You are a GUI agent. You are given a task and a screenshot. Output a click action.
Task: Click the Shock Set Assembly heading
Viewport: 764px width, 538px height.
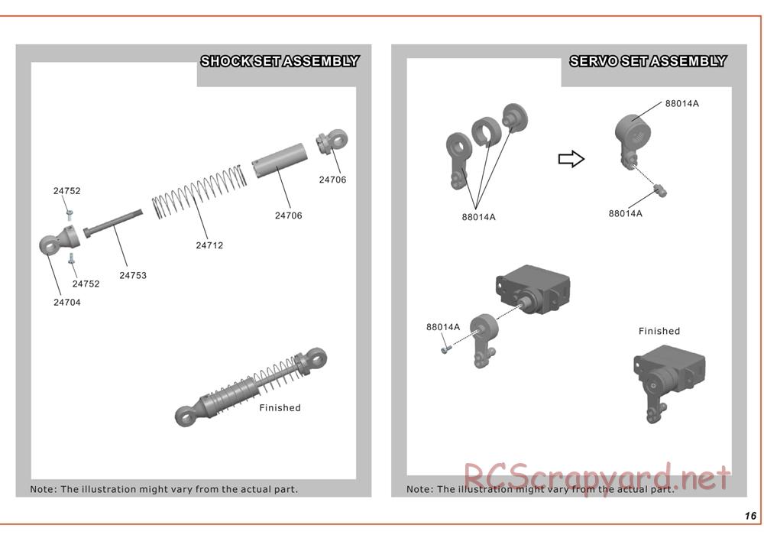tap(280, 61)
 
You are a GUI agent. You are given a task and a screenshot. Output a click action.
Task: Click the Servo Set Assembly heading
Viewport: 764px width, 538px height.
tap(648, 61)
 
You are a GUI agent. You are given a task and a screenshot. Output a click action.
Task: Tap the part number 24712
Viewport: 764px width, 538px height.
tap(209, 245)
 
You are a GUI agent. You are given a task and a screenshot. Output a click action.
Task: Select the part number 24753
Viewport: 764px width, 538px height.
tap(133, 275)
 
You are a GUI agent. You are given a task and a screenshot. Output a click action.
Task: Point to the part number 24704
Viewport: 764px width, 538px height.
tap(67, 302)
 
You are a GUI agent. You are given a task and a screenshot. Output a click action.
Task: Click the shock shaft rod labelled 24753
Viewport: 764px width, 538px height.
tap(113, 224)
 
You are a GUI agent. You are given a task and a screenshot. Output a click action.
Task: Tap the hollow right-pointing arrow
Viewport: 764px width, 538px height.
tap(571, 159)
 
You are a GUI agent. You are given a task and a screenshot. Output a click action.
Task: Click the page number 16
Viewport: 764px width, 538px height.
tap(750, 516)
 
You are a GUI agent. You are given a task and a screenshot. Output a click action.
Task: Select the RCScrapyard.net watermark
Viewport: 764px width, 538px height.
tap(597, 478)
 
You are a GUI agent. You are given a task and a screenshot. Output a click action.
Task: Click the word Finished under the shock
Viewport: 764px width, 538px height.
tap(280, 408)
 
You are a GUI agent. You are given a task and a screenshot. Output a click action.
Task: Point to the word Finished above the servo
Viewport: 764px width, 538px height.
tap(659, 331)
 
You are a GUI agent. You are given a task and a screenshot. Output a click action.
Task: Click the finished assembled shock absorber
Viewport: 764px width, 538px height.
tap(251, 387)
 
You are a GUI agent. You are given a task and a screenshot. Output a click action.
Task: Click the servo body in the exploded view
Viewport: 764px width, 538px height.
tap(533, 289)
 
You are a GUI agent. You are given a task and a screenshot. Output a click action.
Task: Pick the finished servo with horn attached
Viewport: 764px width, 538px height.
tap(668, 383)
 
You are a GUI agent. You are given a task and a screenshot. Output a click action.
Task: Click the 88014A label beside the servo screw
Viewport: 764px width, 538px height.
tap(443, 327)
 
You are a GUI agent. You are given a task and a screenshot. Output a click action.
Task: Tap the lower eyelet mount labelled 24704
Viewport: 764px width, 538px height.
tap(58, 240)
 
